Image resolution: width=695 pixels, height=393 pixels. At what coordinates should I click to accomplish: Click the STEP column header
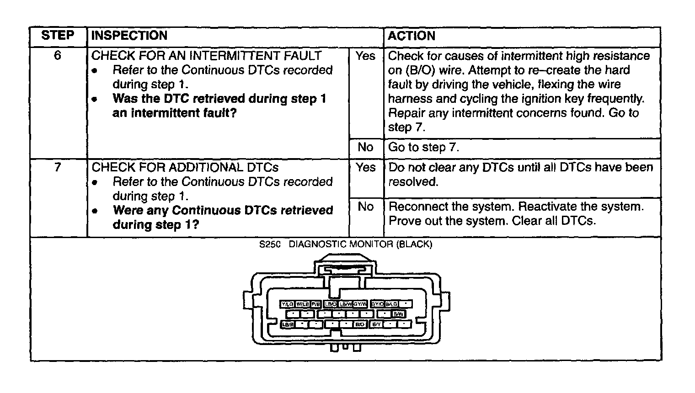58,36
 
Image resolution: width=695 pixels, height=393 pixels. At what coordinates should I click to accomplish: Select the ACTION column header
411,36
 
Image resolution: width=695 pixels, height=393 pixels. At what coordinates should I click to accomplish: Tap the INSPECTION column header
129,36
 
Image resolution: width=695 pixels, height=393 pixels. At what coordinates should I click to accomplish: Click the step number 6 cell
58,56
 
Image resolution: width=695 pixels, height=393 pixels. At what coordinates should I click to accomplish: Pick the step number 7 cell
58,167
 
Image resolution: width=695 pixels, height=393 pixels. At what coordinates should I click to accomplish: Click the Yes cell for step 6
365,56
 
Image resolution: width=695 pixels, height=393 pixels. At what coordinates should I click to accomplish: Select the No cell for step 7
365,207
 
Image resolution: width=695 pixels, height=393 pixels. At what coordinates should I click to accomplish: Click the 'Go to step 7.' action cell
423,147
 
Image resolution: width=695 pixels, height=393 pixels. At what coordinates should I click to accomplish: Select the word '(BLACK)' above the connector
414,244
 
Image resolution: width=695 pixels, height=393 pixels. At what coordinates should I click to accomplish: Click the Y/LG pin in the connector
287,304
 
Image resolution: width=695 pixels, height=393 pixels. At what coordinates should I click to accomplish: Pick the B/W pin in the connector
398,314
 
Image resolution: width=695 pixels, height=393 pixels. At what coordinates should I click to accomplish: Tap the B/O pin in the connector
360,324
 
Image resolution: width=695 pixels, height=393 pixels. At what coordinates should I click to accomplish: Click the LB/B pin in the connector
287,324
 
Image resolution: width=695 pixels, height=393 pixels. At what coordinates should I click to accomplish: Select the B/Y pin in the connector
376,324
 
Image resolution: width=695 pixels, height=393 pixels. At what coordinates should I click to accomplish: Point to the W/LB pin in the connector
302,304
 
